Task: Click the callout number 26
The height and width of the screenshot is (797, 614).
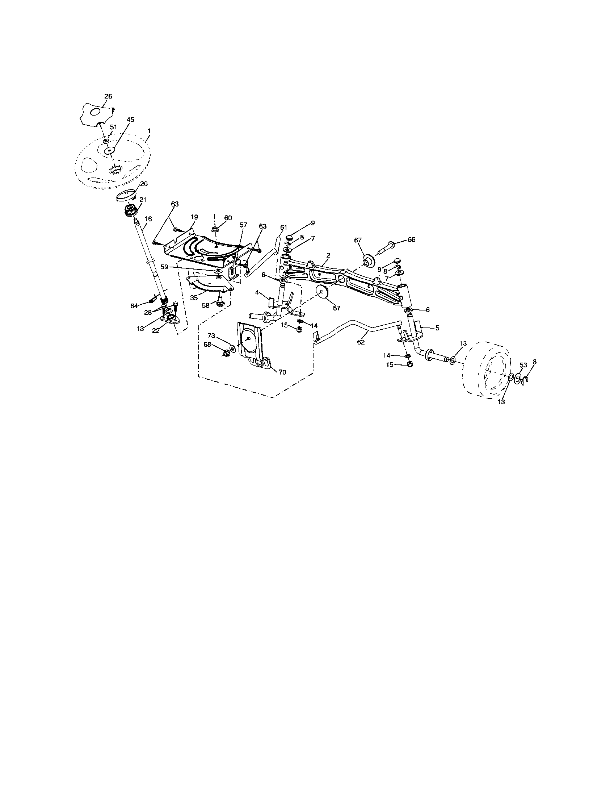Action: coord(108,96)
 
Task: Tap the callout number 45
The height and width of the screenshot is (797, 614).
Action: coord(130,119)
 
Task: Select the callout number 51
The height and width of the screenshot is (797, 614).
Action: coord(113,127)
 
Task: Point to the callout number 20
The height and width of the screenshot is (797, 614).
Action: coord(144,184)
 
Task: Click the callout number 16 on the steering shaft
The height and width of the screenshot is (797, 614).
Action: coord(148,219)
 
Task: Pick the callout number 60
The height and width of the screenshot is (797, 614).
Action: coord(228,218)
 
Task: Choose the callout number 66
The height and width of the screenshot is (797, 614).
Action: coord(412,240)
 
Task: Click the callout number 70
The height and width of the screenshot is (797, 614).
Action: coord(283,372)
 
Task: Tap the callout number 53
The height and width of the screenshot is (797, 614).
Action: coord(523,365)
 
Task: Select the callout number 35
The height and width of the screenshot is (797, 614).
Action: coord(194,298)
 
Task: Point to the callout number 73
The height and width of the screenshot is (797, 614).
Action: coord(212,335)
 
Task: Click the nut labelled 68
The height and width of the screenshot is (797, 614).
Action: coord(226,353)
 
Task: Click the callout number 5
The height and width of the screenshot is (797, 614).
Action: coord(437,328)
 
